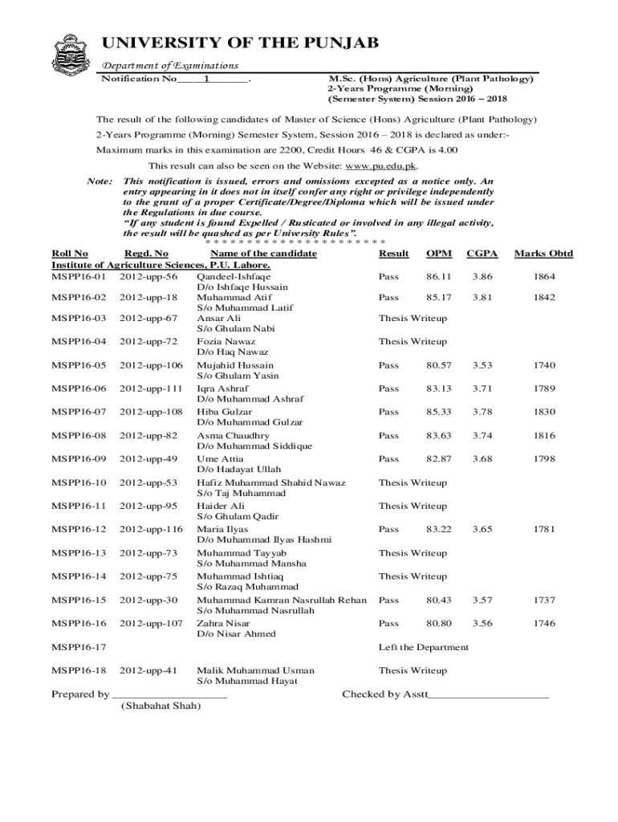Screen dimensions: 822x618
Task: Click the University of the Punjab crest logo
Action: [x=70, y=55]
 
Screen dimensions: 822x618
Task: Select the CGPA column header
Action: [x=482, y=254]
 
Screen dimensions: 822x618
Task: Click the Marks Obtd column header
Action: [x=543, y=254]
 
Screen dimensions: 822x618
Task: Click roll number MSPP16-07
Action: [x=79, y=412]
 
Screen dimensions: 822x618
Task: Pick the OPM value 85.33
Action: [x=438, y=412]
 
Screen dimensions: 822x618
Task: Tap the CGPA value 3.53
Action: [x=482, y=365]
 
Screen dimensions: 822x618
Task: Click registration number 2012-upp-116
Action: [x=151, y=529]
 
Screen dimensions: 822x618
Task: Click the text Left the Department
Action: [x=423, y=647]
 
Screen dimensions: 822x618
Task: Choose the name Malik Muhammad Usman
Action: [x=255, y=670]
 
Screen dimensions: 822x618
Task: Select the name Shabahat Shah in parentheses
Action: [x=161, y=706]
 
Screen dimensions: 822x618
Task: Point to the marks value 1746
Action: [x=543, y=623]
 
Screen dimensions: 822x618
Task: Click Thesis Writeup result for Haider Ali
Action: [x=413, y=506]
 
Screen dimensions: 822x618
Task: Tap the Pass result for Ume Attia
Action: [x=388, y=458]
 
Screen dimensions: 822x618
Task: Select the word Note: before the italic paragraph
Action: [x=100, y=181]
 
